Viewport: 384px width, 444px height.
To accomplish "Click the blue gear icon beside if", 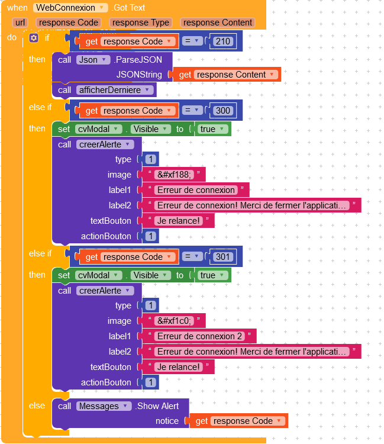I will click(34, 38).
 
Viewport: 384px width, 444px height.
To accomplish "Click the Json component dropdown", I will click(93, 60).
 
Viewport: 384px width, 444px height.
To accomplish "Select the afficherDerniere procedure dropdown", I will click(115, 90).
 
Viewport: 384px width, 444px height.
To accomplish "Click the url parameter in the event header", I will click(20, 22).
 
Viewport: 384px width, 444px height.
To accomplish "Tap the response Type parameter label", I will click(141, 22).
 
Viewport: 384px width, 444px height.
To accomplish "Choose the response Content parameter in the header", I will click(218, 22).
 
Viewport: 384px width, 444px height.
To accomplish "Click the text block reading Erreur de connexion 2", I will click(200, 336).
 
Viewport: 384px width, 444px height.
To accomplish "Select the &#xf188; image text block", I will click(174, 175).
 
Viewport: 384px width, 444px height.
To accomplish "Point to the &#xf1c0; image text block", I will click(174, 321).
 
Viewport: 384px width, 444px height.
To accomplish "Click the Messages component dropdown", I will click(104, 406).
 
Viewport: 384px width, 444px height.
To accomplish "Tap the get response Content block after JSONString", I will click(228, 75).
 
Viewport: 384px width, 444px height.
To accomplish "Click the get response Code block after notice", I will click(240, 421).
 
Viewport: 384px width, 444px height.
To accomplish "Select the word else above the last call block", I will click(37, 406).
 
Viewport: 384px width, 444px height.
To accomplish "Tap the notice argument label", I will click(167, 421).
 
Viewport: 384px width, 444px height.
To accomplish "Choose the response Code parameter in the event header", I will click(68, 22).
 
